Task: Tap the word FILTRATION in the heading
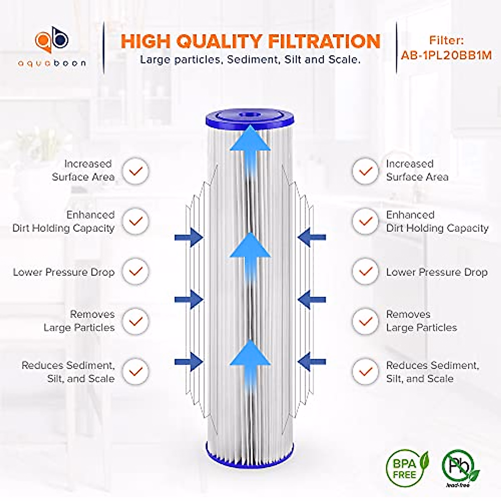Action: tap(324, 42)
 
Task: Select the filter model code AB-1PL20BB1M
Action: tap(446, 55)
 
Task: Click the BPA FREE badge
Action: tap(404, 469)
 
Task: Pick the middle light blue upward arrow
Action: tap(250, 255)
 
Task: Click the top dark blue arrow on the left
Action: tap(189, 238)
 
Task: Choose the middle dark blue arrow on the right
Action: tap(312, 299)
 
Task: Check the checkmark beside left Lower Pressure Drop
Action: tap(135, 271)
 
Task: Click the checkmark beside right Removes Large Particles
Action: tap(365, 321)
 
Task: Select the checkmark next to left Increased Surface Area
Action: tap(135, 171)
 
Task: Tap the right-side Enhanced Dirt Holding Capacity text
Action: tap(437, 221)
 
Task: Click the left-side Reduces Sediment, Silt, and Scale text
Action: tap(68, 372)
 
